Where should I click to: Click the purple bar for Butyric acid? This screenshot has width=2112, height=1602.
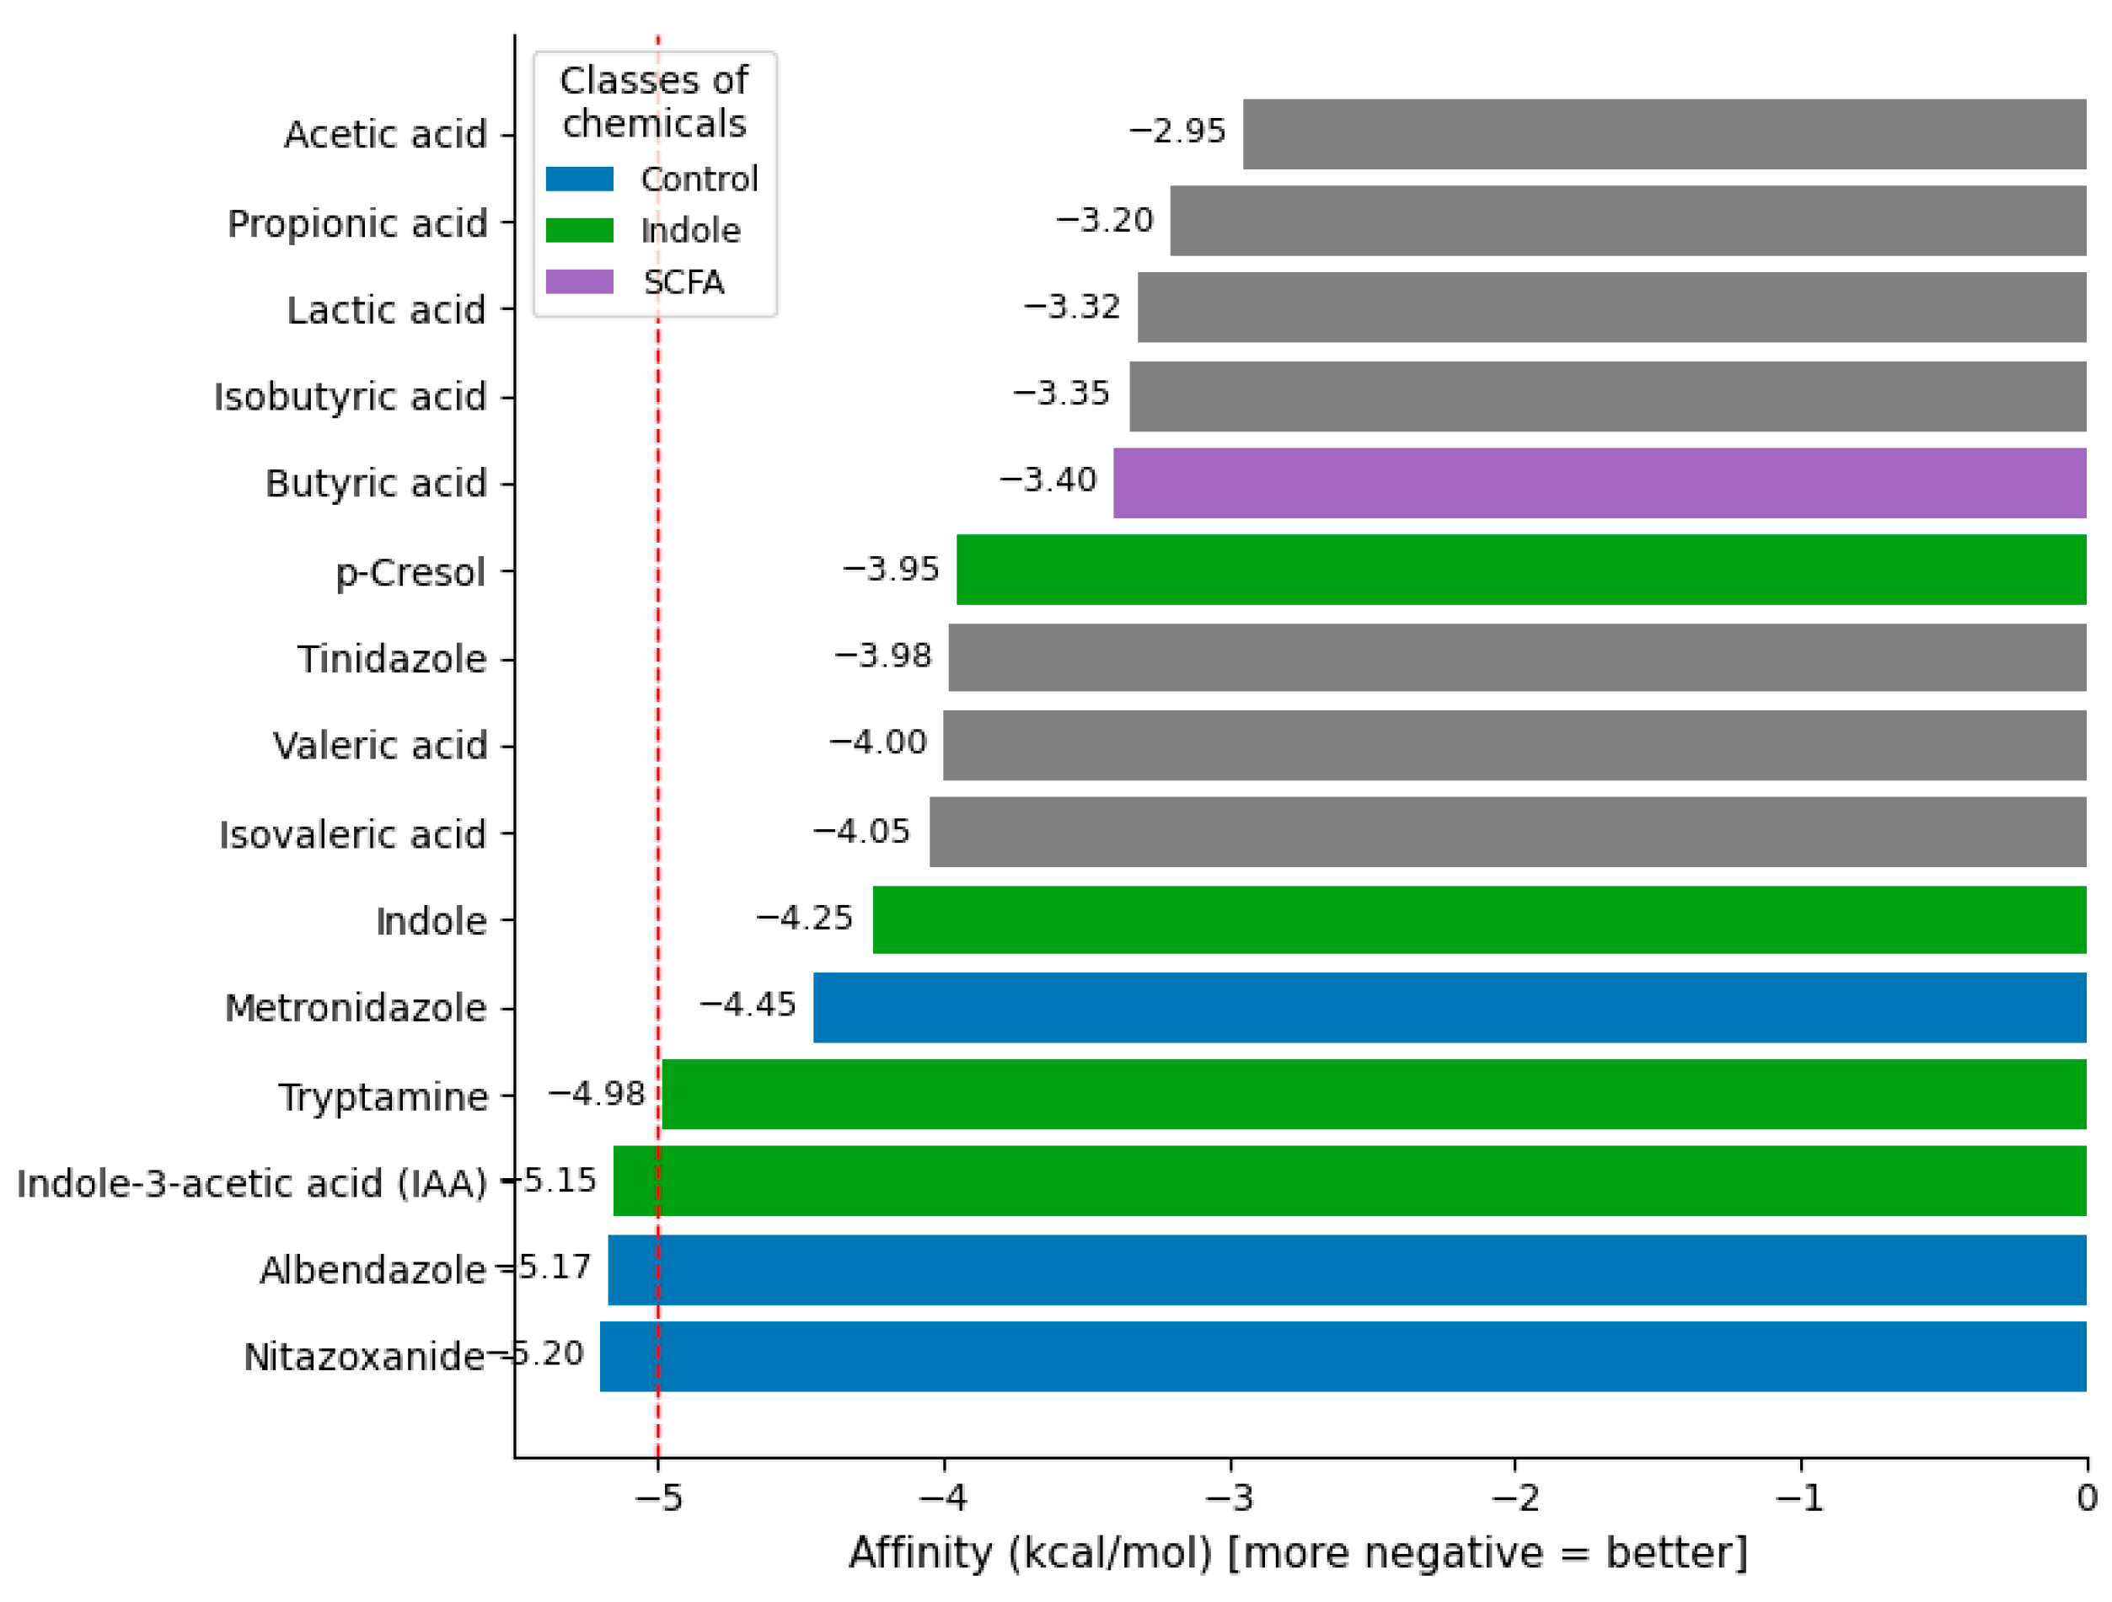pos(1600,483)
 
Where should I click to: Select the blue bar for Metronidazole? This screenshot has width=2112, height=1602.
pos(1450,1007)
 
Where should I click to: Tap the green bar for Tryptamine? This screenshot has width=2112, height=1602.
pos(1373,1094)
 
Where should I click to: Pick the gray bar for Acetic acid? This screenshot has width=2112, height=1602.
pos(1664,134)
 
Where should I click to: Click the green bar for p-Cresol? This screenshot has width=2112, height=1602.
pos(1521,570)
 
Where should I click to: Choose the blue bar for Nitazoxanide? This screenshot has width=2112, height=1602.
pos(1343,1356)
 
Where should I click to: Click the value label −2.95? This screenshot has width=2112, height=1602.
pos(1177,131)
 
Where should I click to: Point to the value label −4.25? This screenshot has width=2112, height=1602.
pos(804,918)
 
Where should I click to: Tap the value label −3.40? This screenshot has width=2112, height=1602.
pos(1048,480)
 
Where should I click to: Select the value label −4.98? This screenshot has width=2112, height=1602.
pos(596,1093)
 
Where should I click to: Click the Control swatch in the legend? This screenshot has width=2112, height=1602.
pos(580,179)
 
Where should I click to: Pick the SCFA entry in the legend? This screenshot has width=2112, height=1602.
pos(683,282)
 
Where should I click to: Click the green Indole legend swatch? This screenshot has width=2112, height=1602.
pos(580,230)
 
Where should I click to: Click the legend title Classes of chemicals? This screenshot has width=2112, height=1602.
pos(654,101)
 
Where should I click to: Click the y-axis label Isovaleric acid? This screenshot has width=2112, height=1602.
pos(353,834)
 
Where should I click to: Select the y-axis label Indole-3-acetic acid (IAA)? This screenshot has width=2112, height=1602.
pos(252,1183)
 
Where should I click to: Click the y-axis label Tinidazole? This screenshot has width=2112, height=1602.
pos(391,659)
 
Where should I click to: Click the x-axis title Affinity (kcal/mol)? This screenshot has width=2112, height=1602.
pos(1299,1552)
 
